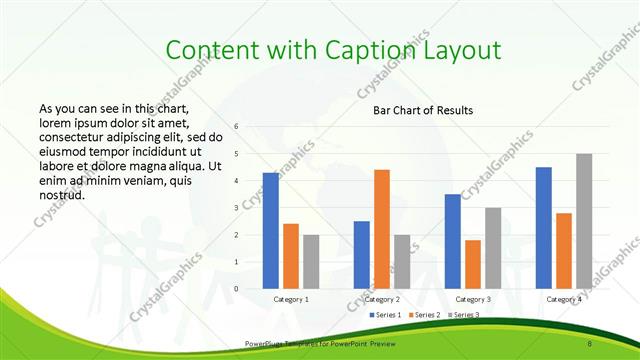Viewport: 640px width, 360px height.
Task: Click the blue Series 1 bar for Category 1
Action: click(271, 231)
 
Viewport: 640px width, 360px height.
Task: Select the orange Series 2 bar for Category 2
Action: click(382, 229)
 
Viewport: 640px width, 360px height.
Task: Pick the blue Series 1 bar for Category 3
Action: click(453, 241)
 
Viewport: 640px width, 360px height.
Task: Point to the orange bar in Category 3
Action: click(473, 264)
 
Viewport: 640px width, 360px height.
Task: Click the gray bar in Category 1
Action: click(311, 262)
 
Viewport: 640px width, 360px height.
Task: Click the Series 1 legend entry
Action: click(385, 316)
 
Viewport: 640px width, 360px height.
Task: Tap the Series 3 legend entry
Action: click(461, 316)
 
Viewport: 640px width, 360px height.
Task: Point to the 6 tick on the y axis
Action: click(235, 126)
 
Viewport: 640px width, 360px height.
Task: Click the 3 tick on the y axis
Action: click(235, 207)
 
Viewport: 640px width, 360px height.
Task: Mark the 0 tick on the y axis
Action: click(235, 288)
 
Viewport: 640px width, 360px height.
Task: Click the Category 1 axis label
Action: click(291, 299)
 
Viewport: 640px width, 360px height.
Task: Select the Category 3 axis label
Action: click(473, 299)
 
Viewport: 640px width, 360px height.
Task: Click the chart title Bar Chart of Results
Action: click(422, 110)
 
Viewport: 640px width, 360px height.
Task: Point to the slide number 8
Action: click(591, 344)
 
